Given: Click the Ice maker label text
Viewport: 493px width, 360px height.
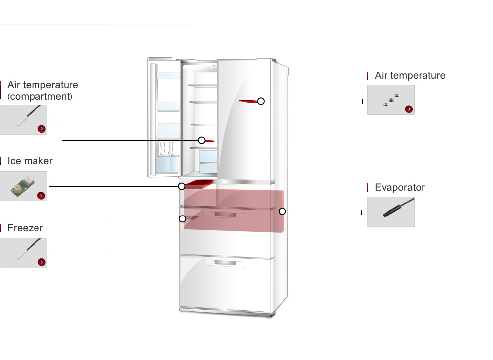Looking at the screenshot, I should (x=30, y=161).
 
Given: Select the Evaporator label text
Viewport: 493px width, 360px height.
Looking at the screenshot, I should (x=399, y=187).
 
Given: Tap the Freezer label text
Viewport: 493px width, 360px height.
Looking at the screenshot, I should (x=25, y=228).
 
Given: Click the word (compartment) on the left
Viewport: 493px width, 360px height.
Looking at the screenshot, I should (x=40, y=96).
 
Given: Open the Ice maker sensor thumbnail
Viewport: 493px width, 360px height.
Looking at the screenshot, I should (x=24, y=186).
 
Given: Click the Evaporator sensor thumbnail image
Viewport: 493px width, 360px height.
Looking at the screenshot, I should (x=390, y=212).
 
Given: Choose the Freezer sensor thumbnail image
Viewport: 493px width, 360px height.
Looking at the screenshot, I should (x=24, y=252).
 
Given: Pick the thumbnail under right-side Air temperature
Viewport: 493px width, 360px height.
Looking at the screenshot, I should (x=390, y=100).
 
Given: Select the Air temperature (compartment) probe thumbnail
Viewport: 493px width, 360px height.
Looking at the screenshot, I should (x=24, y=119).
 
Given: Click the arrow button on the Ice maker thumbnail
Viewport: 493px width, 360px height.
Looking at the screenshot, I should (x=41, y=196).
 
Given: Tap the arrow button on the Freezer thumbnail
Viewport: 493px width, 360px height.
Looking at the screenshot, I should (x=41, y=262).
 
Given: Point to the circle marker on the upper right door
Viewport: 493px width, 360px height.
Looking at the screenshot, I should (x=261, y=101).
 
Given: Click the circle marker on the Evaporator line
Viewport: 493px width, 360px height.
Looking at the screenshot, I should (x=282, y=212).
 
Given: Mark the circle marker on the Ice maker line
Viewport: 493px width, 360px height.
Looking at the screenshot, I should (x=182, y=186).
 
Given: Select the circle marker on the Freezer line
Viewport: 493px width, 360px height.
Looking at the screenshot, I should (x=182, y=218).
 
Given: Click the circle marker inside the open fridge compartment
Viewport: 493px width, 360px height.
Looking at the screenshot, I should (x=201, y=140).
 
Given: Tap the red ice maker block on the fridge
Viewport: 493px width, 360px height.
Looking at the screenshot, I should (x=200, y=184).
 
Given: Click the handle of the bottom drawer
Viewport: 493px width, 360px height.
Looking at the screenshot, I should (x=225, y=263).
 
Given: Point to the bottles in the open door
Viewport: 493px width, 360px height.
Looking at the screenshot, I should (x=166, y=156).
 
